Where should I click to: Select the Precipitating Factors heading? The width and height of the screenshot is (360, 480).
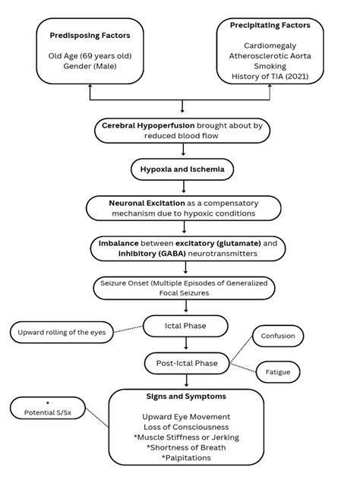270,26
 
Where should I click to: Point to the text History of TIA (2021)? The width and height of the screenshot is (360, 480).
270,76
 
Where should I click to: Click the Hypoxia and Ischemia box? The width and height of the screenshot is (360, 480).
182,169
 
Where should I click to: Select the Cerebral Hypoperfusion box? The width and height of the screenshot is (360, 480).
182,131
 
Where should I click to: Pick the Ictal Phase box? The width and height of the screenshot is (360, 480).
185,327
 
